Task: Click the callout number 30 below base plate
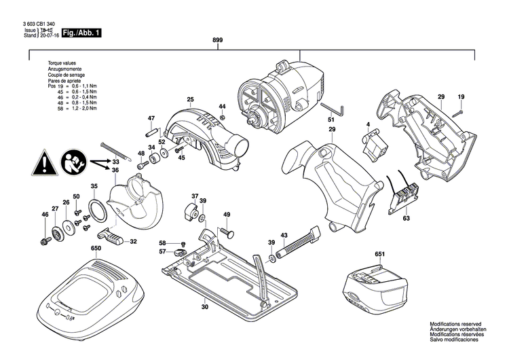204,307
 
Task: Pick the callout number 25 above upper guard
191,100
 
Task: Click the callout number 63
406,219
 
